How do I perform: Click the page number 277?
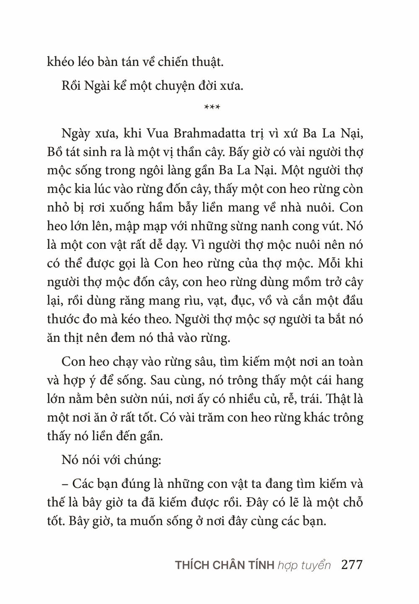tap(352, 565)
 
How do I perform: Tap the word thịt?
tap(84, 338)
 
